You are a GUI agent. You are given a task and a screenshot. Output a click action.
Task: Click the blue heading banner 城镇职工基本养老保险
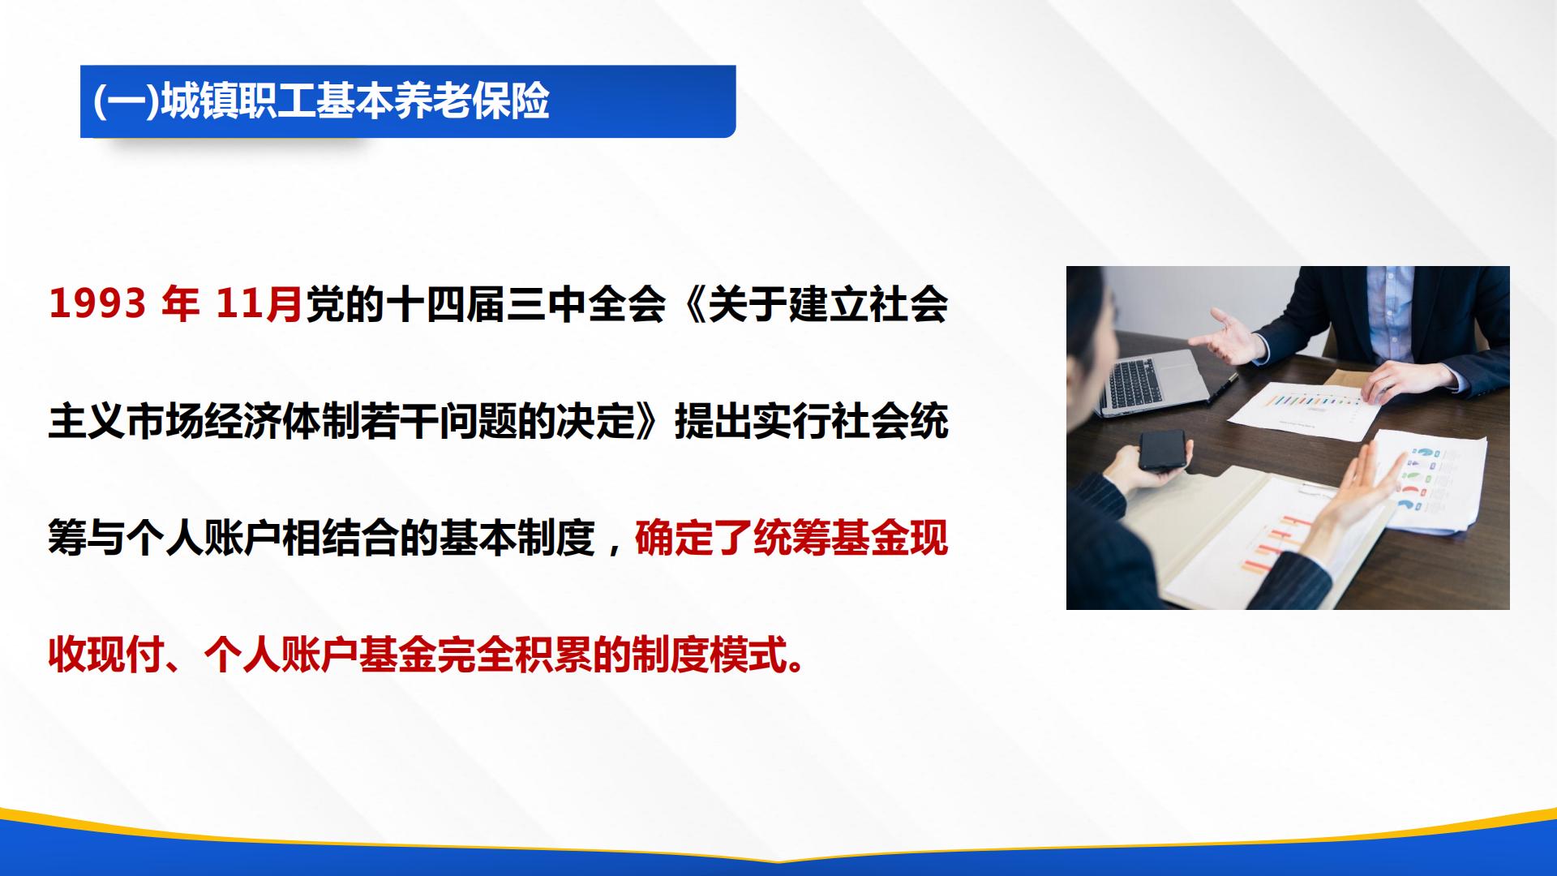[408, 101]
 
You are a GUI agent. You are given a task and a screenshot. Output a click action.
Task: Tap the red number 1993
[98, 304]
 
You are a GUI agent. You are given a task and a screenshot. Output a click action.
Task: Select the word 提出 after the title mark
[713, 422]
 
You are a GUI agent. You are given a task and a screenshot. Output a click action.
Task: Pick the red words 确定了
[693, 538]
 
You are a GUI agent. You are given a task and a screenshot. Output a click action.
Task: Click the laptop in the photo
[1156, 379]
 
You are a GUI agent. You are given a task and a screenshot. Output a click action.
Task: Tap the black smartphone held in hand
[1164, 451]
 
